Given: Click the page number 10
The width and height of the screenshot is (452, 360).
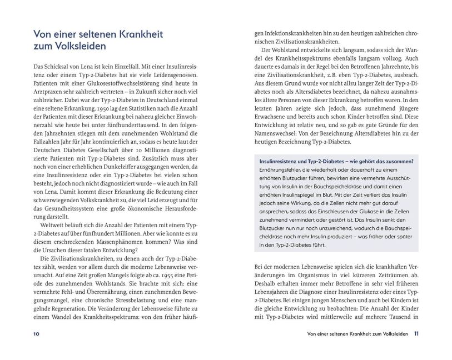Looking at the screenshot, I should pyautogui.click(x=36, y=334).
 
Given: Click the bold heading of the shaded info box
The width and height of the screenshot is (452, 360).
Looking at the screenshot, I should pyautogui.click(x=336, y=161).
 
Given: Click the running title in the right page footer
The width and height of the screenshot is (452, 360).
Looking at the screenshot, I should pyautogui.click(x=354, y=334).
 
